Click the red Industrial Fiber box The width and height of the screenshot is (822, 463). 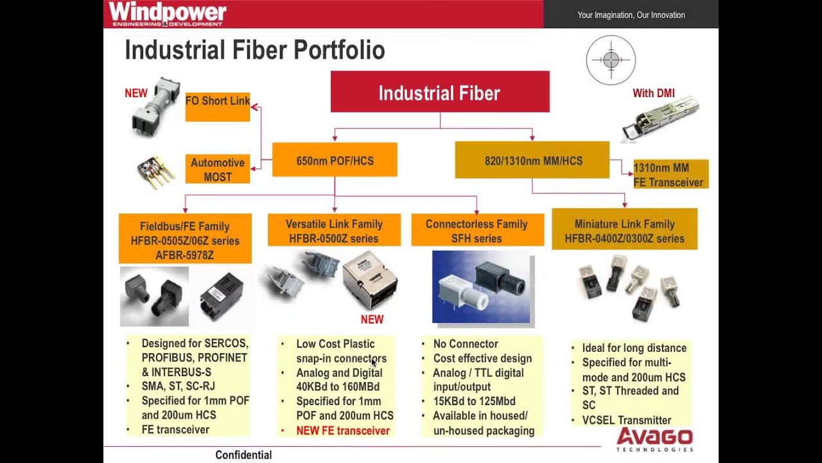440,92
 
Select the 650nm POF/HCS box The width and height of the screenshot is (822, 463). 335,160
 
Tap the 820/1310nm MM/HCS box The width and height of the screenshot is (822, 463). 532,160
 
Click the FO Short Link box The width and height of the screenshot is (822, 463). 218,105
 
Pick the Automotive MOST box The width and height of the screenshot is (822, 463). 218,169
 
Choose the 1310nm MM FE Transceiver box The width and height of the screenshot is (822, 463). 670,174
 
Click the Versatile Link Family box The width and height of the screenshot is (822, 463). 334,230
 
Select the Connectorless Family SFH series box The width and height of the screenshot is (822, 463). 477,230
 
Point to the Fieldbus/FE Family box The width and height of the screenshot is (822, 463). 185,240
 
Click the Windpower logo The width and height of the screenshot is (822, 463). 167,14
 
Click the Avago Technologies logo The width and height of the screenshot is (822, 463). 654,440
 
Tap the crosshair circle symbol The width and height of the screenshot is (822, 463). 611,60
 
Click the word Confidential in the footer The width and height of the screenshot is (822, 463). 243,455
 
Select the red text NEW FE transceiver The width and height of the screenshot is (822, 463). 342,430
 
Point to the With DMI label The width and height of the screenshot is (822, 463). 653,93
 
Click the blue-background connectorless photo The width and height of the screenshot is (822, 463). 482,287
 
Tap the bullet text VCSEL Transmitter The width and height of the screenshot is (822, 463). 626,420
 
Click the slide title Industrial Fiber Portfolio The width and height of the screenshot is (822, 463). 254,50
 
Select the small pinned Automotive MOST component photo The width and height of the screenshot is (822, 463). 155,172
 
